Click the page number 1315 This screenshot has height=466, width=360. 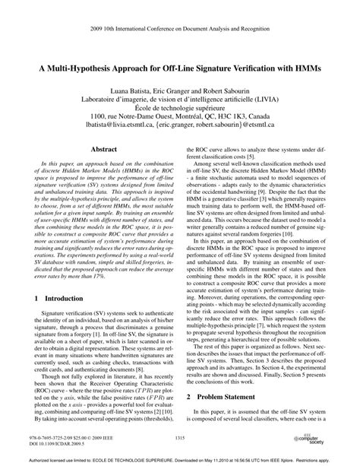pyautogui.click(x=179, y=438)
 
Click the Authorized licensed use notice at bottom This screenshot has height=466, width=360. pyautogui.click(x=179, y=460)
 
